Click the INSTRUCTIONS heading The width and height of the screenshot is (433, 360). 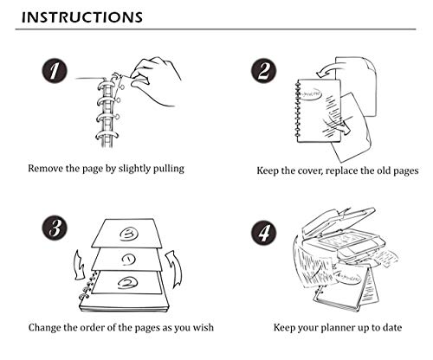click(82, 17)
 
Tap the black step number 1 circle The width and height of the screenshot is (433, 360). click(55, 71)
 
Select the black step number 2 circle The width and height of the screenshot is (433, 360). click(263, 71)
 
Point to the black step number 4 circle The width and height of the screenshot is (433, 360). click(263, 233)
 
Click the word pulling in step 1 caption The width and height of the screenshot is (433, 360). click(168, 169)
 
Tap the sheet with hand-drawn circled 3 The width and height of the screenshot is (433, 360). click(127, 233)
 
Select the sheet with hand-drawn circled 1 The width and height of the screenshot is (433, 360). click(127, 259)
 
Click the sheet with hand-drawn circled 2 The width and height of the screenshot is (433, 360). click(127, 283)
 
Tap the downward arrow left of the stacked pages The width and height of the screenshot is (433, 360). click(79, 266)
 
